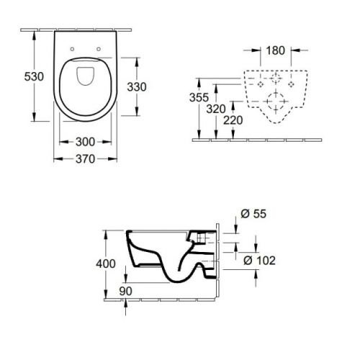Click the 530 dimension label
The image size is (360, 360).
coord(34,76)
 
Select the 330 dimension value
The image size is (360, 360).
coord(137,87)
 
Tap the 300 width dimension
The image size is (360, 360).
coord(85,142)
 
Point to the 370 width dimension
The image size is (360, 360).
coord(85,159)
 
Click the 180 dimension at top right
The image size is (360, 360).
coord(276,50)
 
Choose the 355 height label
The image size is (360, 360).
coord(199,97)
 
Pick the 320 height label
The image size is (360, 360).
coord(216,109)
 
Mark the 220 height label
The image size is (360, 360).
coord(233,120)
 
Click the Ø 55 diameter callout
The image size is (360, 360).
coord(253,214)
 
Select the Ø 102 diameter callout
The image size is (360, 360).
coord(259,261)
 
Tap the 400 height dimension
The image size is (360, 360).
coord(106,264)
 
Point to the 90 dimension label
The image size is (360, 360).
coord(125,291)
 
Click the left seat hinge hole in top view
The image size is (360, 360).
coord(72,49)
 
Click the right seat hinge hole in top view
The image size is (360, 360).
coord(99,49)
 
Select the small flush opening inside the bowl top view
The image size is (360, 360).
coord(86,76)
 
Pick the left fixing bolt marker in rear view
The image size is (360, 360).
coord(261,84)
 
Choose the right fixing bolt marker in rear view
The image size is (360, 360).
coord(291,84)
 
